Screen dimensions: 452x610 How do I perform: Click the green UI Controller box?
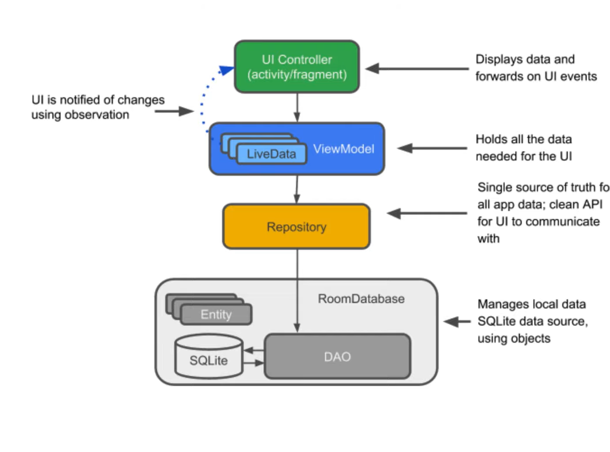pyautogui.click(x=296, y=67)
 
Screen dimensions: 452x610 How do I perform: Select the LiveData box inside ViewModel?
pyautogui.click(x=271, y=154)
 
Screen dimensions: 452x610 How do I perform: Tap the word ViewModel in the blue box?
pyautogui.click(x=344, y=149)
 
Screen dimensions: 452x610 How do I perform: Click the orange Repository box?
pyautogui.click(x=296, y=227)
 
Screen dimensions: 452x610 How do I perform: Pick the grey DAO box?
pyautogui.click(x=337, y=357)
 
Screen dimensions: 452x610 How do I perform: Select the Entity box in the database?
pyautogui.click(x=216, y=314)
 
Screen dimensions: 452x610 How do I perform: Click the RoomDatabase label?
pyautogui.click(x=361, y=299)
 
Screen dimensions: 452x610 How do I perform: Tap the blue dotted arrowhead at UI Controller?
pyautogui.click(x=226, y=70)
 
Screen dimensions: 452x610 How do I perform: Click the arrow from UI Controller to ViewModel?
pyautogui.click(x=297, y=108)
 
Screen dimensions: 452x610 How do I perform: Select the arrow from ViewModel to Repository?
pyautogui.click(x=297, y=190)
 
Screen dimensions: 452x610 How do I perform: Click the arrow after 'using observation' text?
pyautogui.click(x=174, y=111)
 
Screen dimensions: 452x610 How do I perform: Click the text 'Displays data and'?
pyautogui.click(x=525, y=59)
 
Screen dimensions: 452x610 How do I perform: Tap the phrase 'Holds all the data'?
pyautogui.click(x=524, y=139)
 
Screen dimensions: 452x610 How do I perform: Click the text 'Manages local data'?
pyautogui.click(x=532, y=304)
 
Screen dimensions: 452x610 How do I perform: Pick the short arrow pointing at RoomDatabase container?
pyautogui.click(x=457, y=322)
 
